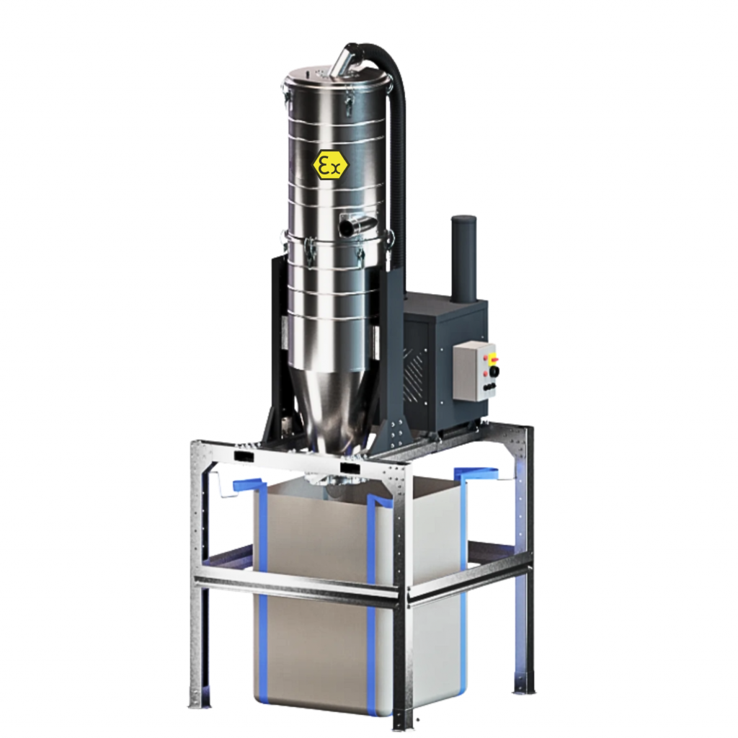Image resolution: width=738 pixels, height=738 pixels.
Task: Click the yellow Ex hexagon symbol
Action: coord(330,165)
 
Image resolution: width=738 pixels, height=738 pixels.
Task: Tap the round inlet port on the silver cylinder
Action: coord(348,227)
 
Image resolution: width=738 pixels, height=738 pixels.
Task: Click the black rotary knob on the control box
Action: coord(494,371)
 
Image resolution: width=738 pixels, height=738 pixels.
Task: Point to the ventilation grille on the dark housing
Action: coord(416,374)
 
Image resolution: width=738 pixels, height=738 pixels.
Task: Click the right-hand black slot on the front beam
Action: coord(351,468)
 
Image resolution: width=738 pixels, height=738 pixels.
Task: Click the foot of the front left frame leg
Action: coord(196,699)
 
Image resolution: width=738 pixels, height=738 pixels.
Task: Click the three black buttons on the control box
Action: coord(489,388)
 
